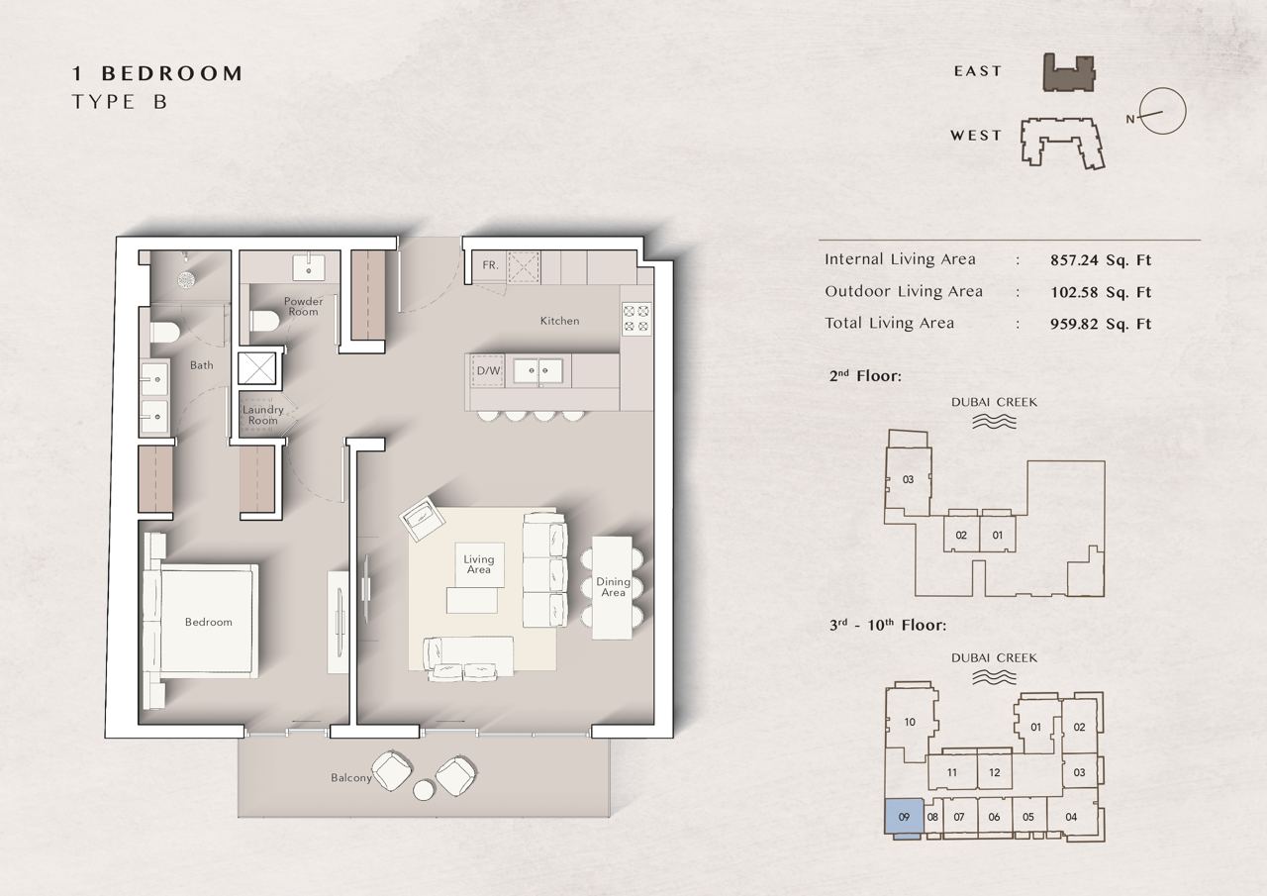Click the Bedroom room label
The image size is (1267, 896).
pyautogui.click(x=208, y=622)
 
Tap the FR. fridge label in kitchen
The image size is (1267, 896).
pyautogui.click(x=490, y=264)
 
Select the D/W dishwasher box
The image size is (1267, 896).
pyautogui.click(x=488, y=371)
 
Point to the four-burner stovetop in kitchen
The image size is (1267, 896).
pyautogui.click(x=636, y=319)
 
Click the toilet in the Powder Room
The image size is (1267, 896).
pyautogui.click(x=264, y=321)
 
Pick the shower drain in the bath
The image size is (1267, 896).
pyautogui.click(x=185, y=278)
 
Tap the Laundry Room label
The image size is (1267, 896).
pyautogui.click(x=263, y=415)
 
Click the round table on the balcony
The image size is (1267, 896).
pyautogui.click(x=424, y=790)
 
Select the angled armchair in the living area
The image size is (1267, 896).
pyautogui.click(x=422, y=518)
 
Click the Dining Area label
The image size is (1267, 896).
pyautogui.click(x=613, y=586)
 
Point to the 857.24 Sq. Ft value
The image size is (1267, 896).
pyautogui.click(x=1101, y=260)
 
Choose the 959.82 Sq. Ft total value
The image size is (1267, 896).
pyautogui.click(x=1101, y=324)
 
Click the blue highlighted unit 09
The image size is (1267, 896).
pyautogui.click(x=904, y=816)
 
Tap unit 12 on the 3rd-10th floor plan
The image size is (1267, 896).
pyautogui.click(x=995, y=772)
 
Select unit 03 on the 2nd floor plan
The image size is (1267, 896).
pyautogui.click(x=908, y=479)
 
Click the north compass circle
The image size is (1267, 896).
pyautogui.click(x=1162, y=111)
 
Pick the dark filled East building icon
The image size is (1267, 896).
pyautogui.click(x=1068, y=73)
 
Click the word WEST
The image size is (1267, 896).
pyautogui.click(x=976, y=136)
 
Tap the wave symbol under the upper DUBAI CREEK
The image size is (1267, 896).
pyautogui.click(x=994, y=422)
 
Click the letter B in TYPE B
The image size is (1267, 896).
pyautogui.click(x=160, y=102)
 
